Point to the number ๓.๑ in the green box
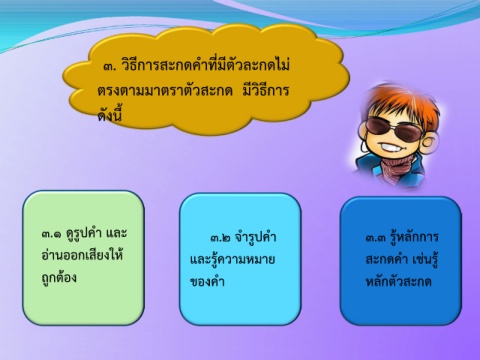coord(52,234)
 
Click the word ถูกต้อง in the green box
coord(59,276)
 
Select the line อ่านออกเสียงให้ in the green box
coord(83,254)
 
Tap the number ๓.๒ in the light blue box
coord(220,238)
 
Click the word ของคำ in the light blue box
coord(207,281)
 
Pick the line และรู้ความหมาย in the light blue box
coord(232,258)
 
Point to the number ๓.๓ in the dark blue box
coord(376,238)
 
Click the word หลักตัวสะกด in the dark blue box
coord(399,281)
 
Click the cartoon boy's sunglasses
coord(393,128)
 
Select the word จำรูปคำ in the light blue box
coord(255,236)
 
